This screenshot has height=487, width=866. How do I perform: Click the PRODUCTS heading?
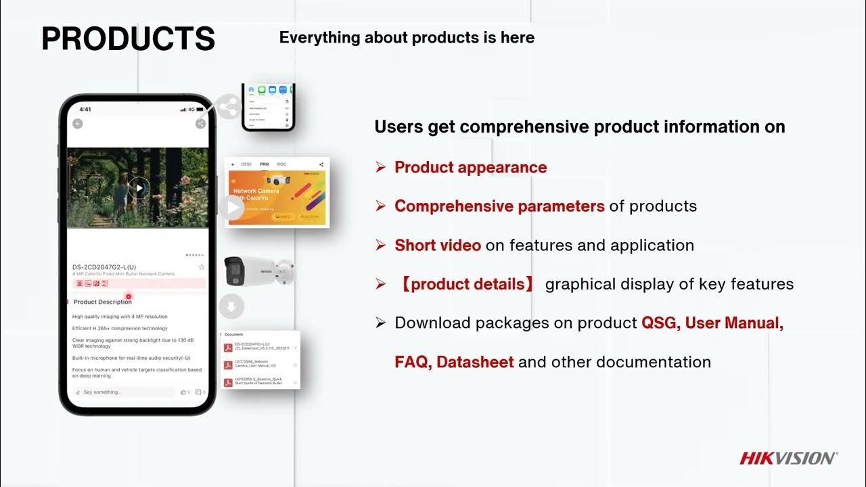point(128,39)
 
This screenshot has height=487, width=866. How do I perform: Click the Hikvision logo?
point(788,459)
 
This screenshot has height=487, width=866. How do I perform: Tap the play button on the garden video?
point(139,188)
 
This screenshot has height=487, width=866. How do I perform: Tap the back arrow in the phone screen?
point(78,124)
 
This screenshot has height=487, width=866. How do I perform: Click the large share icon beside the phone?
point(229,107)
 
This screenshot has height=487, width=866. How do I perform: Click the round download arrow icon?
point(231,307)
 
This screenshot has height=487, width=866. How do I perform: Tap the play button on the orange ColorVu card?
point(234,208)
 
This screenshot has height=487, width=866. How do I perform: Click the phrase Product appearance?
point(470,167)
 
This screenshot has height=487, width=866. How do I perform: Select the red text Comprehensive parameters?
point(499,206)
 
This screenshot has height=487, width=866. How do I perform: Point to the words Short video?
point(438,246)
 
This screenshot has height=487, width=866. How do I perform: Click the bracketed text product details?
point(467,284)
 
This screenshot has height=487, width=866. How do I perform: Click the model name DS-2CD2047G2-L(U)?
point(104,267)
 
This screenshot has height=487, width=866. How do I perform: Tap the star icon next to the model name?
point(201,268)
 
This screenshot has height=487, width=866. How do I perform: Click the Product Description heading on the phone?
point(103,302)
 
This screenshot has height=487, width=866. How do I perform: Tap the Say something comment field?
point(125,392)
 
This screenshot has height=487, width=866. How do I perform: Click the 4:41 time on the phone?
point(85,110)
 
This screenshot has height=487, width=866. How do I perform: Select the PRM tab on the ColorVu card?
point(265,164)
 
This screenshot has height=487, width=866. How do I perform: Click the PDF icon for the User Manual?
point(229,365)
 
